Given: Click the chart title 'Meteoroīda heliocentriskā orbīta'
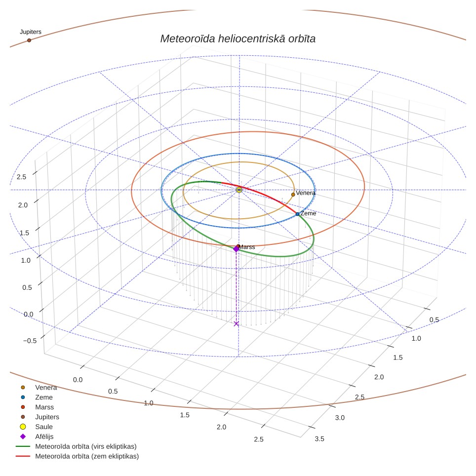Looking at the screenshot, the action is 238,39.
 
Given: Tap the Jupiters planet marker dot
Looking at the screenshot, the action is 29,40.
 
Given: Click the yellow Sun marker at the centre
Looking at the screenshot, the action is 239,190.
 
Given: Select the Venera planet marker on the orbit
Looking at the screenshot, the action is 293,195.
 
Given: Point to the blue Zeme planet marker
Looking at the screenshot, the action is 297,214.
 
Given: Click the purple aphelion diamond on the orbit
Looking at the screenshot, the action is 236,249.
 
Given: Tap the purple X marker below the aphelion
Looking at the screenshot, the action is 236,324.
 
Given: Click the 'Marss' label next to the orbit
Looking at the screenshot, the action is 247,247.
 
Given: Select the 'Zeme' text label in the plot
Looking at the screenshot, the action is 308,213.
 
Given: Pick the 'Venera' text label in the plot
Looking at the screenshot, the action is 305,193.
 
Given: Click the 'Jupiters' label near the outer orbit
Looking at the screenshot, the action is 31,32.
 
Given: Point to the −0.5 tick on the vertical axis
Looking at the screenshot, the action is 30,341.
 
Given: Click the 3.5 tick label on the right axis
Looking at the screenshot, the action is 319,438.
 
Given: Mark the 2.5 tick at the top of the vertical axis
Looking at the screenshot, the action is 21,177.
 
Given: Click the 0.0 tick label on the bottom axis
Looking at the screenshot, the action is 78,380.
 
